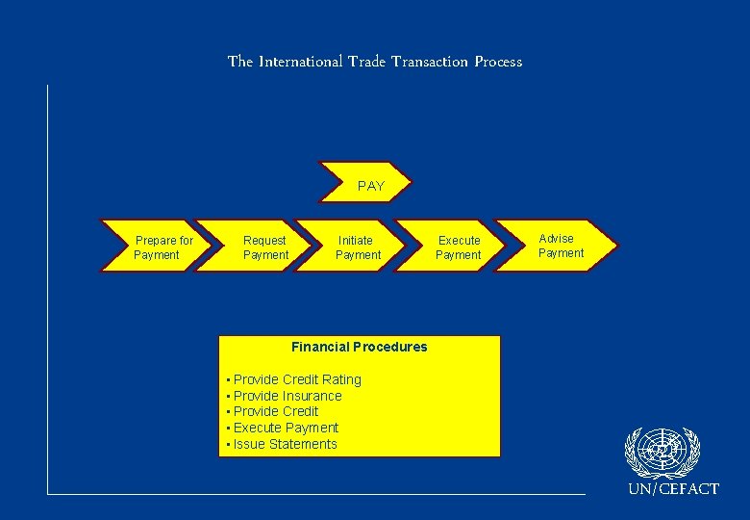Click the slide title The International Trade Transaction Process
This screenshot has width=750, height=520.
pyautogui.click(x=375, y=62)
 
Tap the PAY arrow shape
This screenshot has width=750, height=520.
pyautogui.click(x=371, y=186)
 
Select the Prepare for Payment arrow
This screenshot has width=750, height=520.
pyautogui.click(x=157, y=247)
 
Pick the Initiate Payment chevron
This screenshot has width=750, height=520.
pyautogui.click(x=358, y=247)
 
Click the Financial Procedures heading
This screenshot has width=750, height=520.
pyautogui.click(x=360, y=347)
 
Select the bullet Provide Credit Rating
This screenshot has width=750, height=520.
pyautogui.click(x=297, y=379)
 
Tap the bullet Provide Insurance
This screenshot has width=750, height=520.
pyautogui.click(x=287, y=396)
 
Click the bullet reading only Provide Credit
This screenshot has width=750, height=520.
pyautogui.click(x=276, y=411)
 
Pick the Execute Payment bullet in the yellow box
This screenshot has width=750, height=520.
pyautogui.click(x=286, y=428)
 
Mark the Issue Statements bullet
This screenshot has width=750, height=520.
pyautogui.click(x=285, y=444)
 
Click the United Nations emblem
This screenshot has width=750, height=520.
pyautogui.click(x=662, y=453)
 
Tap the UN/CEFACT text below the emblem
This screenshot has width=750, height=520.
pyautogui.click(x=673, y=489)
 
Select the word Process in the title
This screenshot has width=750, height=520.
pyautogui.click(x=497, y=62)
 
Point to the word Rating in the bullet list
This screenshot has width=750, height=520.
pyautogui.click(x=341, y=379)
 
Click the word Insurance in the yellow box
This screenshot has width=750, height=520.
pyautogui.click(x=312, y=396)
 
